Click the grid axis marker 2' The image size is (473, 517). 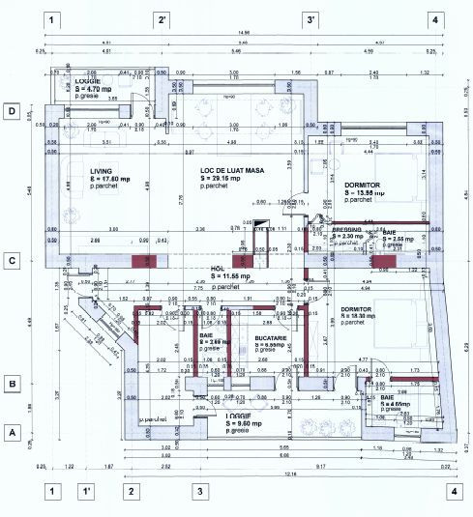click(163, 19)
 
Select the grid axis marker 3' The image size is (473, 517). click(311, 19)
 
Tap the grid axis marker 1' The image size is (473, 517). click(86, 491)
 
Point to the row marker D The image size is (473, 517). click(13, 111)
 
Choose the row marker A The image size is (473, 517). click(13, 432)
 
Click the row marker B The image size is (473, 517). click(13, 384)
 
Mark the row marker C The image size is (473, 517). click(13, 260)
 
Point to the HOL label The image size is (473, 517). click(217, 269)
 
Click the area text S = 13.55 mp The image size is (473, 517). click(365, 192)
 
